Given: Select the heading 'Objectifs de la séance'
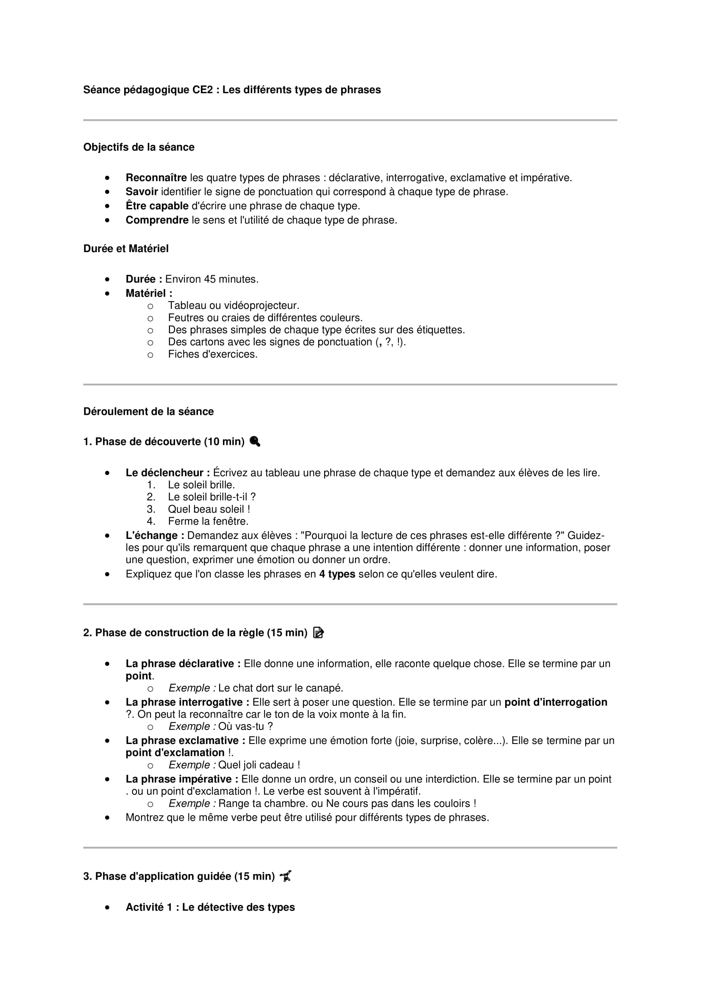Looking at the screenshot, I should [139, 147].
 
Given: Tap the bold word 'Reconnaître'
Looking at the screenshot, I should [156, 178].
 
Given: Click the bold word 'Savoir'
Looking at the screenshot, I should [142, 192].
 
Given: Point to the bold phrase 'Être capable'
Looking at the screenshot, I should [157, 206].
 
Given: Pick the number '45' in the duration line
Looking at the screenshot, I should [210, 279].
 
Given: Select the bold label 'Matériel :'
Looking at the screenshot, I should [149, 294].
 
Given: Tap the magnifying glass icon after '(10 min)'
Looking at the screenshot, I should [255, 441].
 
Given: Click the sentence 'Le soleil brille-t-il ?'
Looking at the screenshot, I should [211, 497].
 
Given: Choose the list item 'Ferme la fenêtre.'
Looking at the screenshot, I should [208, 521].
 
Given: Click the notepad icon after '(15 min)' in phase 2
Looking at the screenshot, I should [319, 633].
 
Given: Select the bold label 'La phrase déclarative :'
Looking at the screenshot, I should [183, 663].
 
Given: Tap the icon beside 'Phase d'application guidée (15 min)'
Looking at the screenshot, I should [286, 876].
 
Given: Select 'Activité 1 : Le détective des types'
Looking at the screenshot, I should [210, 907].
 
